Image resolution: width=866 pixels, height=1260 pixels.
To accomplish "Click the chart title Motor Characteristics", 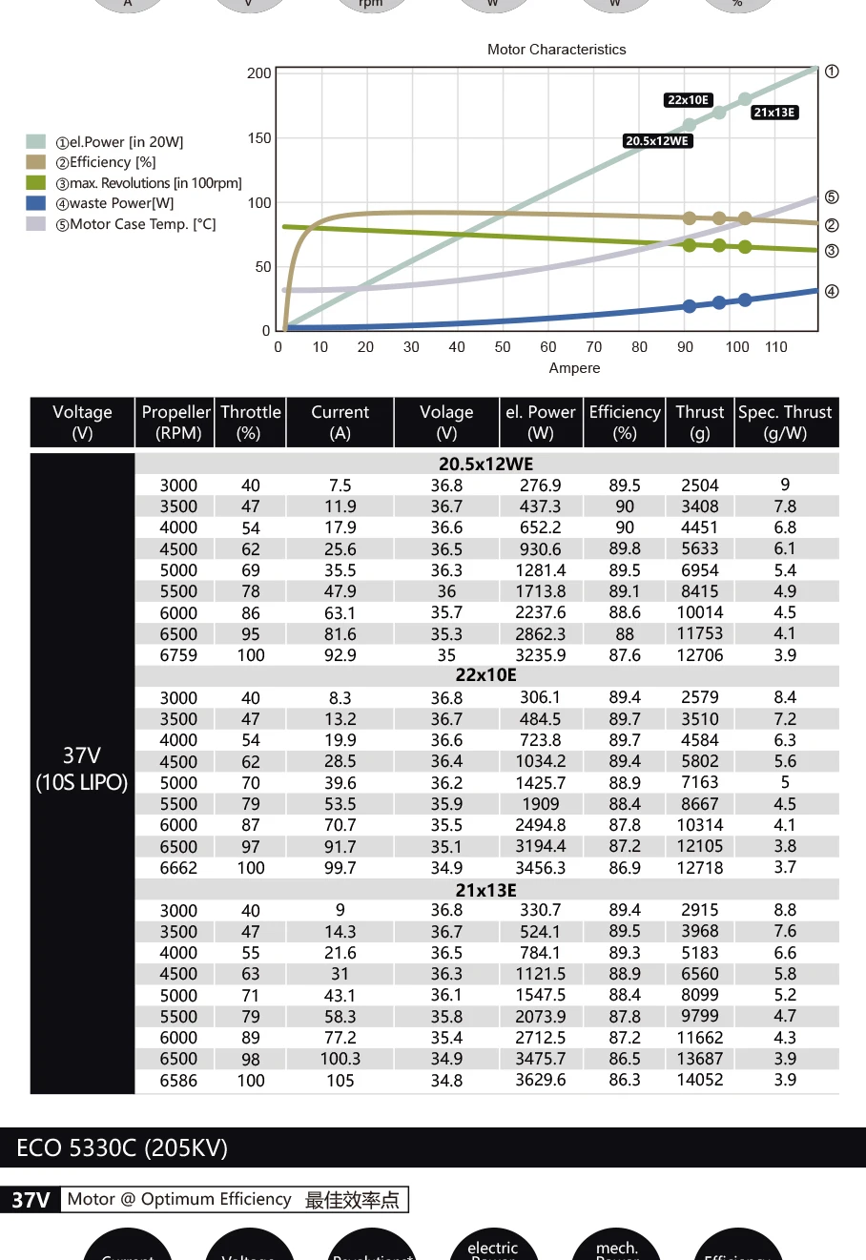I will click(556, 50).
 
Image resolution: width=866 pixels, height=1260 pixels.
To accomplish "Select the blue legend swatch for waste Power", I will click(36, 203).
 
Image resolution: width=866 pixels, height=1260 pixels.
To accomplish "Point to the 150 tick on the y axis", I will click(259, 138).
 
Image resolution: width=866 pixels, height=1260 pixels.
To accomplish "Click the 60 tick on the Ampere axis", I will click(548, 347).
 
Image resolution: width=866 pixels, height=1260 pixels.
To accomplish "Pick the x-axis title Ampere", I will click(574, 368).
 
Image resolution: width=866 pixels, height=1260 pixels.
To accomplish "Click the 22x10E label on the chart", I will click(688, 100).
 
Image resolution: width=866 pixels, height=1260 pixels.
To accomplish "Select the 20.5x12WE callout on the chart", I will click(657, 141).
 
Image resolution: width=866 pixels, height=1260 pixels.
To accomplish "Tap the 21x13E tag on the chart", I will click(773, 113).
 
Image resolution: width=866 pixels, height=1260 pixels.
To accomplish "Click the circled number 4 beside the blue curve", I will click(832, 292).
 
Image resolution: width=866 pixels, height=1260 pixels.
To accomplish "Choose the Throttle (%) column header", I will click(251, 423).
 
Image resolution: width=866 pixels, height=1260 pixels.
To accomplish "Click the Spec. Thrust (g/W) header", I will click(785, 423).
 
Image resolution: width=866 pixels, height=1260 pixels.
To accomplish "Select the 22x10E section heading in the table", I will click(485, 675).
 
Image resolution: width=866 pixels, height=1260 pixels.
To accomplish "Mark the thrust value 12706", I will click(700, 655).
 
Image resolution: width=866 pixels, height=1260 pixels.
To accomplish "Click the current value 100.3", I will click(340, 1059).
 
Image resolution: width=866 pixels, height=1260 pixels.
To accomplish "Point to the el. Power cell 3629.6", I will click(541, 1080).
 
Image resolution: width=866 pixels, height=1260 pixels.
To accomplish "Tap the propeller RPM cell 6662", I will click(178, 868).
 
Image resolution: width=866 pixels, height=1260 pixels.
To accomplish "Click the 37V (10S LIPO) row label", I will click(82, 769).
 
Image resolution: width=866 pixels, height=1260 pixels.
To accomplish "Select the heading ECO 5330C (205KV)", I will click(122, 1147).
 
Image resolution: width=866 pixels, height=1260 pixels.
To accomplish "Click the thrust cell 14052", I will click(700, 1080).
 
